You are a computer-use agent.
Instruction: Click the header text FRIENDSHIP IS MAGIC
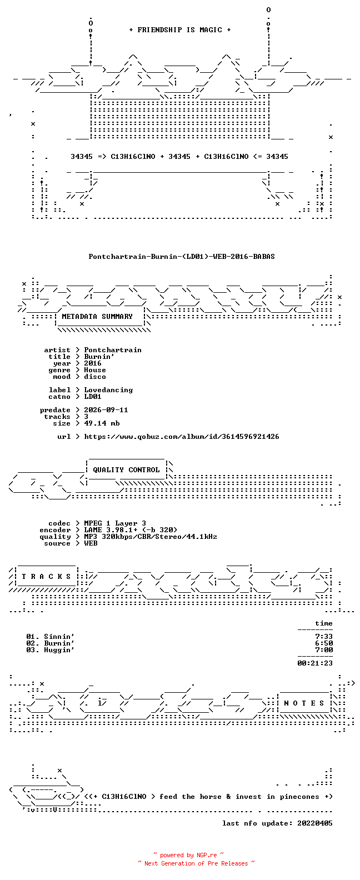click(x=179, y=30)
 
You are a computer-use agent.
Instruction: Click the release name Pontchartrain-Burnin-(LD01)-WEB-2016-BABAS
click(x=182, y=257)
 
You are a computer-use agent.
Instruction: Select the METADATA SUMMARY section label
click(x=97, y=317)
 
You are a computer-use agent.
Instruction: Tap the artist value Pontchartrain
click(x=113, y=350)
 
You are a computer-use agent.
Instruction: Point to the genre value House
click(x=94, y=370)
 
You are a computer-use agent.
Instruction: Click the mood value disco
click(x=94, y=377)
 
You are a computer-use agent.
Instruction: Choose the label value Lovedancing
click(x=108, y=390)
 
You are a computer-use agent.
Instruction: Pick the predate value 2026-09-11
click(x=106, y=410)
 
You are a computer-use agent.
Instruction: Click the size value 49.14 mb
click(x=102, y=423)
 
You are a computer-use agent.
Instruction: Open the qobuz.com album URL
click(x=182, y=437)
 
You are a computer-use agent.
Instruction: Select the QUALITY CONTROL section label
click(x=126, y=470)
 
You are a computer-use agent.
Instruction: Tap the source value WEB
click(x=91, y=543)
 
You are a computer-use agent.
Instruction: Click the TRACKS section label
click(x=46, y=577)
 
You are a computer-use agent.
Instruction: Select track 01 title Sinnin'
click(x=59, y=637)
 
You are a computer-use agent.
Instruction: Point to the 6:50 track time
click(x=324, y=643)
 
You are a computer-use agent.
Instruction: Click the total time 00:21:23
click(x=315, y=663)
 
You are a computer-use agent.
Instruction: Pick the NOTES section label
click(x=304, y=703)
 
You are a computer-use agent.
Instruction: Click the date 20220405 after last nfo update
click(x=315, y=823)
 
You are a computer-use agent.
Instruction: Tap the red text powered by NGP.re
click(x=188, y=855)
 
